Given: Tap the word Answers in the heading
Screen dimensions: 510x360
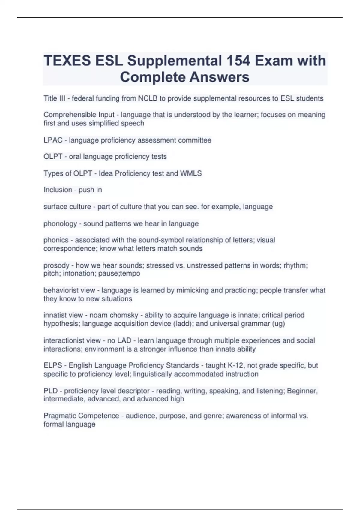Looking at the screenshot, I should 219,77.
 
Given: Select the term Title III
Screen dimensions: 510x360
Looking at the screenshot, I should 54,98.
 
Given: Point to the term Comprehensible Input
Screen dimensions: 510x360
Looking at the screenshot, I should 79,115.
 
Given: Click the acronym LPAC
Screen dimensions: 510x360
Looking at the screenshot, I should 53,140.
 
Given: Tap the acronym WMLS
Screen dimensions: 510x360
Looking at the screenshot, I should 191,173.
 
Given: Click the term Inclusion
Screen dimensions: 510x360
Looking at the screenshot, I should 58,190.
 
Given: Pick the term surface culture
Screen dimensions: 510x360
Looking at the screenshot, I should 67,207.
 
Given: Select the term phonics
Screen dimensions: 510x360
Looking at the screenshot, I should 56,240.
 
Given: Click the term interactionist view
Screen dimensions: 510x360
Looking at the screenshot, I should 72,341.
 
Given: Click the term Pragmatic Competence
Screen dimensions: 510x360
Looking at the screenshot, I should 81,416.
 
